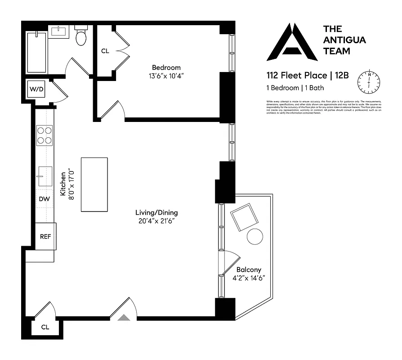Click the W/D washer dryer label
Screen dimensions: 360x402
[x=37, y=89]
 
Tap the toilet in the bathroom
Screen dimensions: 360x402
[x=81, y=37]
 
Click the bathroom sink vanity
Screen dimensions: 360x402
[x=58, y=32]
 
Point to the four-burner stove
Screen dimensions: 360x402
[x=44, y=135]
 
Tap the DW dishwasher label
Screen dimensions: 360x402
[x=44, y=199]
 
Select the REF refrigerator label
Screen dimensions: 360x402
[x=45, y=236]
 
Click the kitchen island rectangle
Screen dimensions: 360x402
[x=94, y=184]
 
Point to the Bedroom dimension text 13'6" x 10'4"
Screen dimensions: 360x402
[x=166, y=76]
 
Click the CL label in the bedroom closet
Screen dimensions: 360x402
[x=105, y=51]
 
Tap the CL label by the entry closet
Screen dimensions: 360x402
[x=45, y=327]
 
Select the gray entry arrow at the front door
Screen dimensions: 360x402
[x=124, y=317]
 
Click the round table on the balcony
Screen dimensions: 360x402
[x=255, y=236]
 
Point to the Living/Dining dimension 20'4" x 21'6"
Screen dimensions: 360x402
[x=156, y=221]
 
